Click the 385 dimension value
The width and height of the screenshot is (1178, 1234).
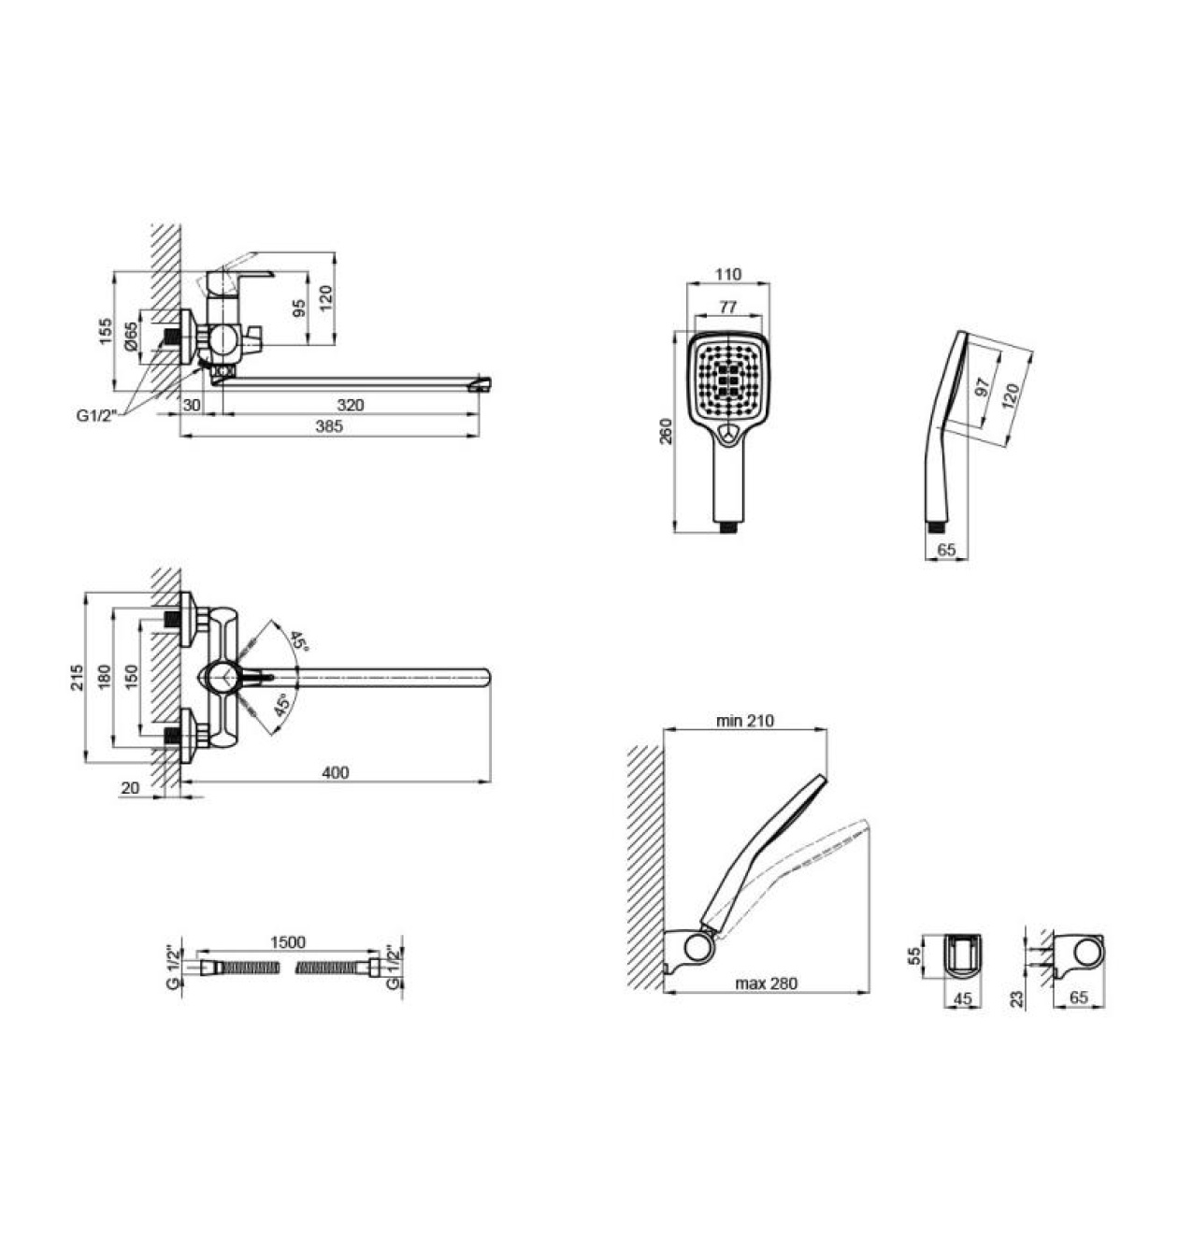(329, 426)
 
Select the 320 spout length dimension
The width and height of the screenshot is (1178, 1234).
(351, 405)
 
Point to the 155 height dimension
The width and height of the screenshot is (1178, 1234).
(106, 332)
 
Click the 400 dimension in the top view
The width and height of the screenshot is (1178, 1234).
(336, 772)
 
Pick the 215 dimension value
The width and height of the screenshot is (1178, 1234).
(77, 677)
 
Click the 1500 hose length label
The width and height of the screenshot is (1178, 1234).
(288, 942)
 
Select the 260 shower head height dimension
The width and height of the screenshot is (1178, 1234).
(667, 432)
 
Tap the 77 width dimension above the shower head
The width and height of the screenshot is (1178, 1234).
(727, 307)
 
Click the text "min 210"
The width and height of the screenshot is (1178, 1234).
(745, 721)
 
